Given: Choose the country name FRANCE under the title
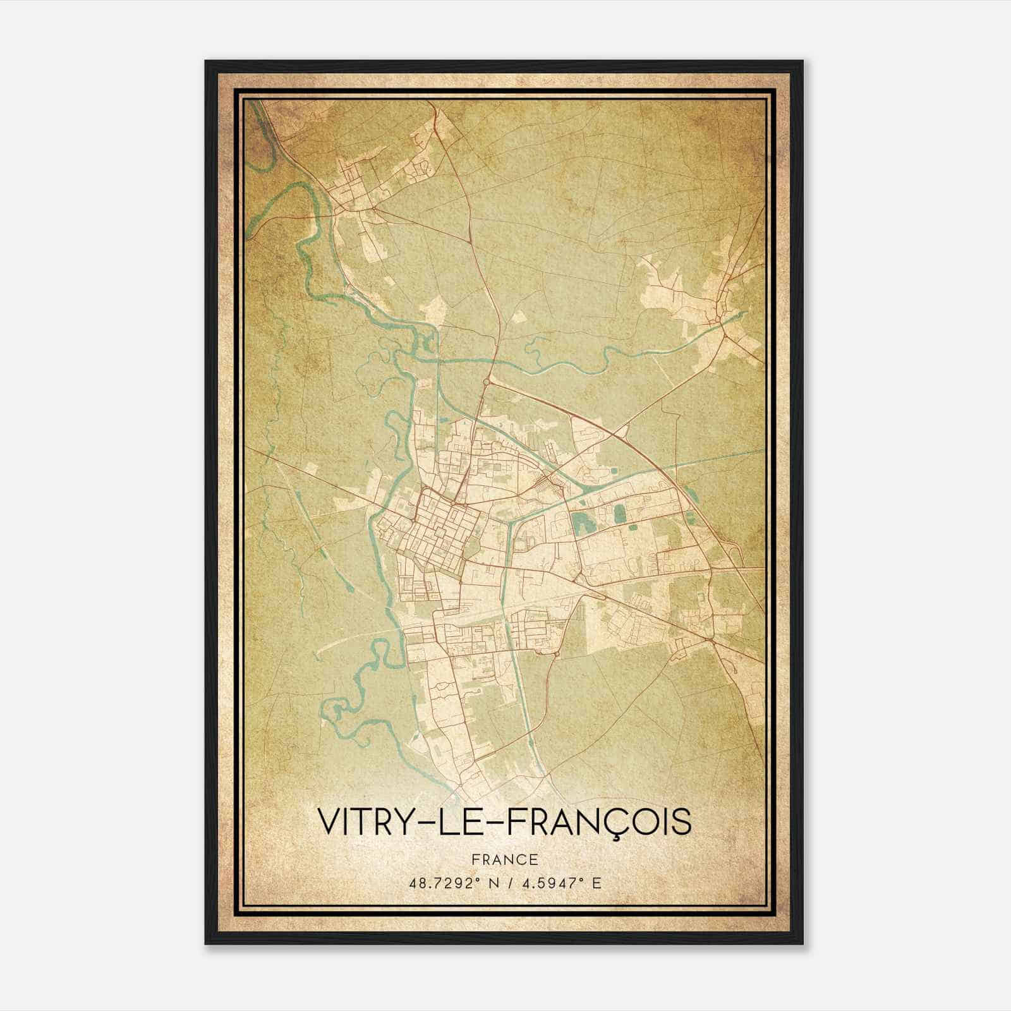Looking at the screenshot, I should (x=504, y=859).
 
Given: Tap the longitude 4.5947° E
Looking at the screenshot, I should (x=562, y=883).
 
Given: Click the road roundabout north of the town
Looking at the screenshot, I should (x=486, y=382).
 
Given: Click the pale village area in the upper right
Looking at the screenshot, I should (x=695, y=297).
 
